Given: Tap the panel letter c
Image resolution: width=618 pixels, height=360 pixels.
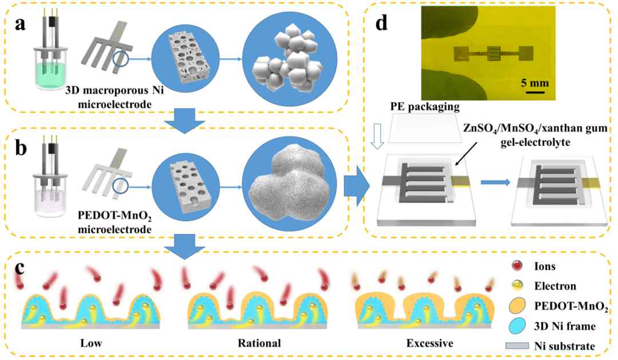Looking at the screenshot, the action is [x=19, y=268].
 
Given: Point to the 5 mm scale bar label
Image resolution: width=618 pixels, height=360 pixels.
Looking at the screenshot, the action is [x=534, y=83].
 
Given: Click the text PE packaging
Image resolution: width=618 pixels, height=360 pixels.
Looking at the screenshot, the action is [x=425, y=106].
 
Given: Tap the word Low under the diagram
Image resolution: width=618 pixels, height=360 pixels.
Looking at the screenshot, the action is [x=91, y=343].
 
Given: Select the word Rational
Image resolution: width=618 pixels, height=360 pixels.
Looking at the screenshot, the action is [x=259, y=343].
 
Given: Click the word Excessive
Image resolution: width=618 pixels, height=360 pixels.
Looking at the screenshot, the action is [x=430, y=343].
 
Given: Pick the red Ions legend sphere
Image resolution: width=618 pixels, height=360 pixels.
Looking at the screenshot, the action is [x=517, y=266].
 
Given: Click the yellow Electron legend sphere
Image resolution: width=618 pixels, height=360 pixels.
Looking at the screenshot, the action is [x=517, y=285].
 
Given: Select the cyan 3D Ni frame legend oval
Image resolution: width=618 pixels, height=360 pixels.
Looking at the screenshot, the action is [x=517, y=326].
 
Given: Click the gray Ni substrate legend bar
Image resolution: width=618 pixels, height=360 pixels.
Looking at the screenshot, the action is [x=517, y=346].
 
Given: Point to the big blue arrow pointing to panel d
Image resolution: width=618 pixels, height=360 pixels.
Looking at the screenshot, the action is [x=356, y=186].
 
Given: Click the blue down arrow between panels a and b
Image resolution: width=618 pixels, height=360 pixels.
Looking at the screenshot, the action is [x=184, y=120].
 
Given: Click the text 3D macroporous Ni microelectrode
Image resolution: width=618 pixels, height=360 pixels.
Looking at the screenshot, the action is [x=114, y=97].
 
